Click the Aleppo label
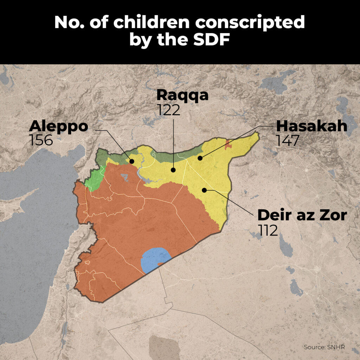pyautogui.click(x=58, y=126)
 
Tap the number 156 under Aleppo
pyautogui.click(x=41, y=140)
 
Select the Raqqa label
pyautogui.click(x=182, y=95)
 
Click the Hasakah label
pyautogui.click(x=311, y=126)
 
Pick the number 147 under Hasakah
pyautogui.click(x=288, y=140)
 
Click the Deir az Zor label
pyautogui.click(x=302, y=215)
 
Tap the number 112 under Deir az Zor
pyautogui.click(x=268, y=230)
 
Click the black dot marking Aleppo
pyautogui.click(x=132, y=161)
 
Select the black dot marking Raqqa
pyautogui.click(x=173, y=170)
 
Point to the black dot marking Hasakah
pyautogui.click(x=200, y=158)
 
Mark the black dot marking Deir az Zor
pyautogui.click(x=204, y=190)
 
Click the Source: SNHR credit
pyautogui.click(x=324, y=347)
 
